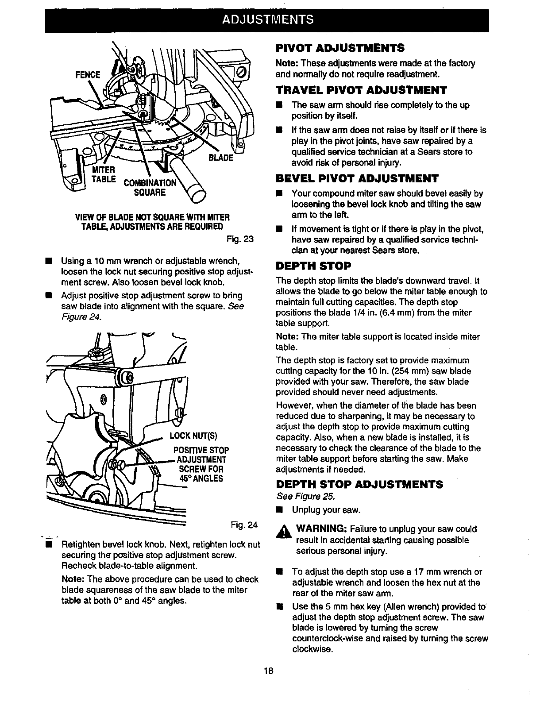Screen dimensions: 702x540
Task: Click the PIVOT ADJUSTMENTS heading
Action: pyautogui.click(x=339, y=47)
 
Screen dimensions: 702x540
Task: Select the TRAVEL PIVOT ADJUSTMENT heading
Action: pyautogui.click(x=361, y=90)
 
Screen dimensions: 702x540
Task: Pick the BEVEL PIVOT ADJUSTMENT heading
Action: pyautogui.click(x=357, y=178)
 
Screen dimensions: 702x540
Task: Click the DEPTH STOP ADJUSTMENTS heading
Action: pyautogui.click(x=359, y=484)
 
